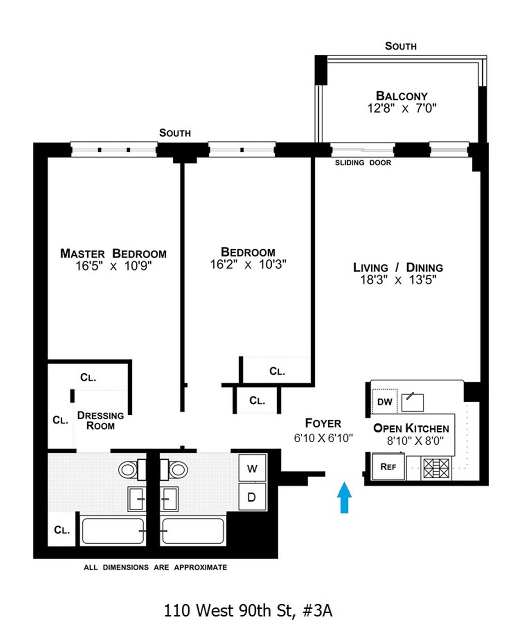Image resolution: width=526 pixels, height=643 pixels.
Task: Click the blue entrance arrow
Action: point(345,498)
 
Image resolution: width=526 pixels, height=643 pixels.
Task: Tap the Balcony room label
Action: point(401,96)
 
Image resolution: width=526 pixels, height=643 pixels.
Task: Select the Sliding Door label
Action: point(363,163)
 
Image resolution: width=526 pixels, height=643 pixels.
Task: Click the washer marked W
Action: point(252,469)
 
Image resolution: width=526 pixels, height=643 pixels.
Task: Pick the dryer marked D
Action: point(251,497)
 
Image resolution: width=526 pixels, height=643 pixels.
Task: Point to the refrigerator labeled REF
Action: point(388,467)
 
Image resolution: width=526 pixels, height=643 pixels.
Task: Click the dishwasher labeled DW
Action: point(385,402)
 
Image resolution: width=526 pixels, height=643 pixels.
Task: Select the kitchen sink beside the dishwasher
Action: point(412,402)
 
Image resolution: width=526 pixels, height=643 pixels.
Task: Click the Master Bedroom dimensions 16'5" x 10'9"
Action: point(113,266)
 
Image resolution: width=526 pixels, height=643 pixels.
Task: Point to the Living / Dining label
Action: point(398,268)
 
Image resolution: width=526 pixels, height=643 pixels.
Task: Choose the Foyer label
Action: point(323,423)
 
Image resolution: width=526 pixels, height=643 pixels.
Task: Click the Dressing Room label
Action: point(101,421)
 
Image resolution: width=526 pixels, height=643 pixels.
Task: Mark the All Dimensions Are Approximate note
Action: point(155,567)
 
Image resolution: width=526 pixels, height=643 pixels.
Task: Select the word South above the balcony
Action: point(401,46)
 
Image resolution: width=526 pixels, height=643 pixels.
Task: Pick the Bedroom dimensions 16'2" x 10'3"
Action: point(248,265)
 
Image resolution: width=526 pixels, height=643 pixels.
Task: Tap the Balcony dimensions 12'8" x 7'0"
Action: point(402,108)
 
